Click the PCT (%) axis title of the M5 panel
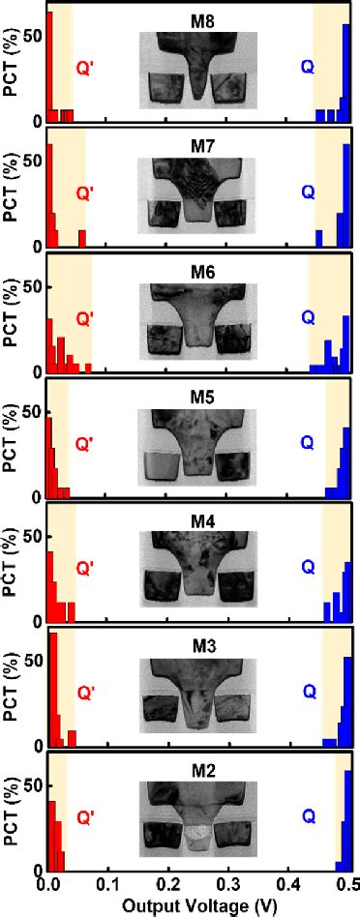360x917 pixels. point(12,440)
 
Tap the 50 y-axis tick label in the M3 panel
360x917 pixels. point(33,662)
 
